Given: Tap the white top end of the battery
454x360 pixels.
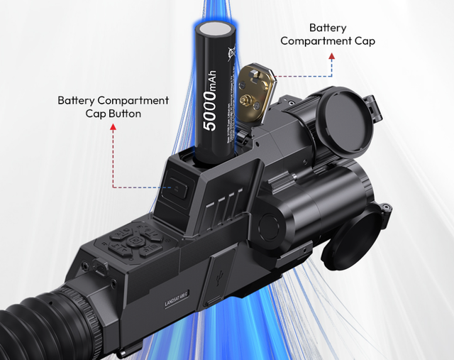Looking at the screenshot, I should coord(216,30).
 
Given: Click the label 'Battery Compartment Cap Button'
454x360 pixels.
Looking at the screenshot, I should coord(113,107).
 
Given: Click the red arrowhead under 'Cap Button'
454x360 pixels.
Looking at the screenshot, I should coord(113,127).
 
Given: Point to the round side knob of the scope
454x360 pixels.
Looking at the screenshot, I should coord(272,225).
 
